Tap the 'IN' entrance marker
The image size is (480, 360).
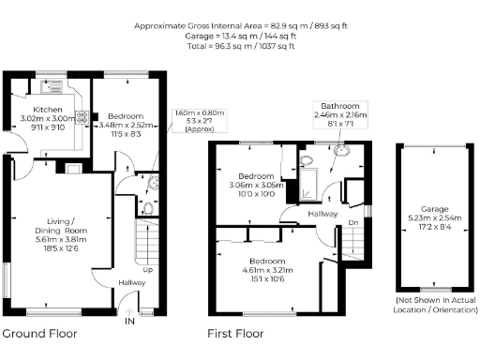pyautogui.click(x=130, y=321)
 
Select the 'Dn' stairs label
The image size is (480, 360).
pyautogui.click(x=352, y=223)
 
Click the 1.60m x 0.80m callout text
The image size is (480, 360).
pyautogui.click(x=195, y=114)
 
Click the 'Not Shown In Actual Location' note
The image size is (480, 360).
pyautogui.click(x=432, y=305)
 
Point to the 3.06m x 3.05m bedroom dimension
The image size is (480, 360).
pyautogui.click(x=255, y=186)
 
